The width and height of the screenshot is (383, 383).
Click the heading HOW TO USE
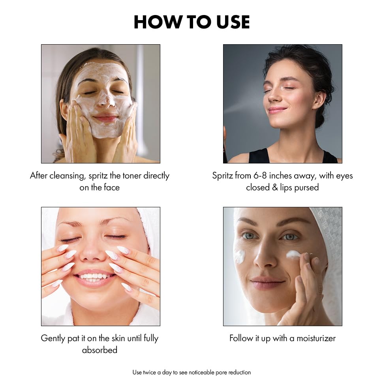(x=191, y=22)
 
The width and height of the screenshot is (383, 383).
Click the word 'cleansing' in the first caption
(x=67, y=176)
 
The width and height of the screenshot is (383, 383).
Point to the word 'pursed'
(x=306, y=188)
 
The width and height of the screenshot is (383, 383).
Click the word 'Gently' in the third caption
(x=54, y=338)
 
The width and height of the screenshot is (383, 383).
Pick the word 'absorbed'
(x=100, y=350)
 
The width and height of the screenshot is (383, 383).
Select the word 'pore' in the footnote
(x=220, y=372)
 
